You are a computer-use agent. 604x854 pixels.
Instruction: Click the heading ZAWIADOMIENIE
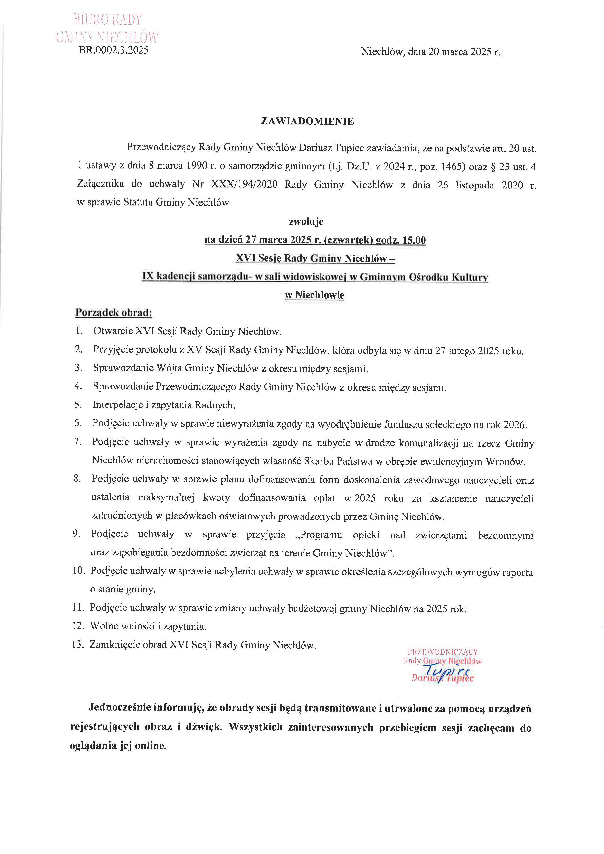click(307, 121)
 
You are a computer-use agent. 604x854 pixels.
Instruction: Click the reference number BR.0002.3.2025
click(113, 50)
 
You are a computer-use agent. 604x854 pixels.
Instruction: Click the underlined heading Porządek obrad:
click(114, 312)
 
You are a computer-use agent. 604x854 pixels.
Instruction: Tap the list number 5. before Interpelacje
click(78, 404)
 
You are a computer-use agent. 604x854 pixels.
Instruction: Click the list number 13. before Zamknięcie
click(78, 645)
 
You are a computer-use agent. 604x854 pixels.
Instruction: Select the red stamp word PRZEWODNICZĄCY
click(443, 652)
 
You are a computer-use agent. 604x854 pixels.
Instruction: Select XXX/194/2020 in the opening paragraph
click(244, 185)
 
